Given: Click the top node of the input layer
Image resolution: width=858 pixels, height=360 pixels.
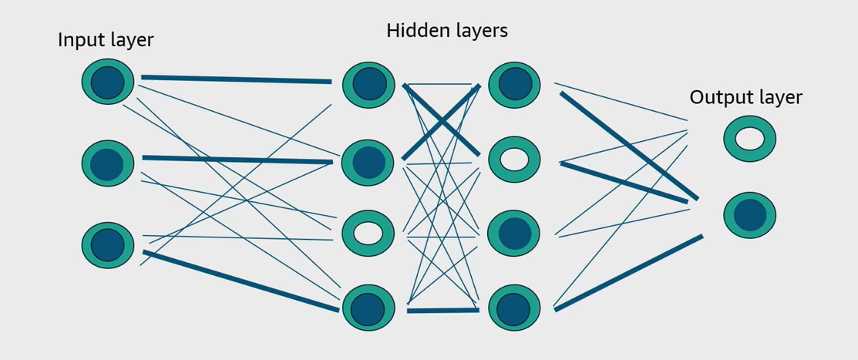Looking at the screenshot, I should pos(108,82).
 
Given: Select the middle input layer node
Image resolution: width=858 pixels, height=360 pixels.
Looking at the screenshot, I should pos(108,163).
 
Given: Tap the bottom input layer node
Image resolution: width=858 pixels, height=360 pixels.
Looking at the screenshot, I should pos(108,245).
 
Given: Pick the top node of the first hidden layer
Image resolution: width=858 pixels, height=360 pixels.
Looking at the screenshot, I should pos(368,85).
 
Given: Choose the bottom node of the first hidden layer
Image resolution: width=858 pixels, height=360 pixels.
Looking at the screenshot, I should pos(368,308).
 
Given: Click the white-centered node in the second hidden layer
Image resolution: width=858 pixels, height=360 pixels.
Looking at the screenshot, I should pos(514,160).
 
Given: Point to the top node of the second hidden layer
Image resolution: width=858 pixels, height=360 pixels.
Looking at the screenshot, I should pos(514,85).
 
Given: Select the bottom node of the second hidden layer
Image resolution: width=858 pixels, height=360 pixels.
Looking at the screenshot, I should pos(514,308).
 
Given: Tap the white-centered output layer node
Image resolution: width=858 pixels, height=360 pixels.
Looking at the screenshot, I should pos(749,139).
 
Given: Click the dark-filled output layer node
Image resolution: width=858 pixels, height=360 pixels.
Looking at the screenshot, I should pos(749,215).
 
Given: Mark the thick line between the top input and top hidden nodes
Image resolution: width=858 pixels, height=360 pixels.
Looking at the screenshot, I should pos(236,79).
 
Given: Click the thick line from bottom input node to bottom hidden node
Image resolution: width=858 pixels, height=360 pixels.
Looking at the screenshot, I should pos(241,281).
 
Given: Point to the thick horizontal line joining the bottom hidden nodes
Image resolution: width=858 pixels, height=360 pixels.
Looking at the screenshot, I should pos(442,310).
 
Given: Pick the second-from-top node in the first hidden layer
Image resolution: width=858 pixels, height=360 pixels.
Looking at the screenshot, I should pos(368,163).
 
